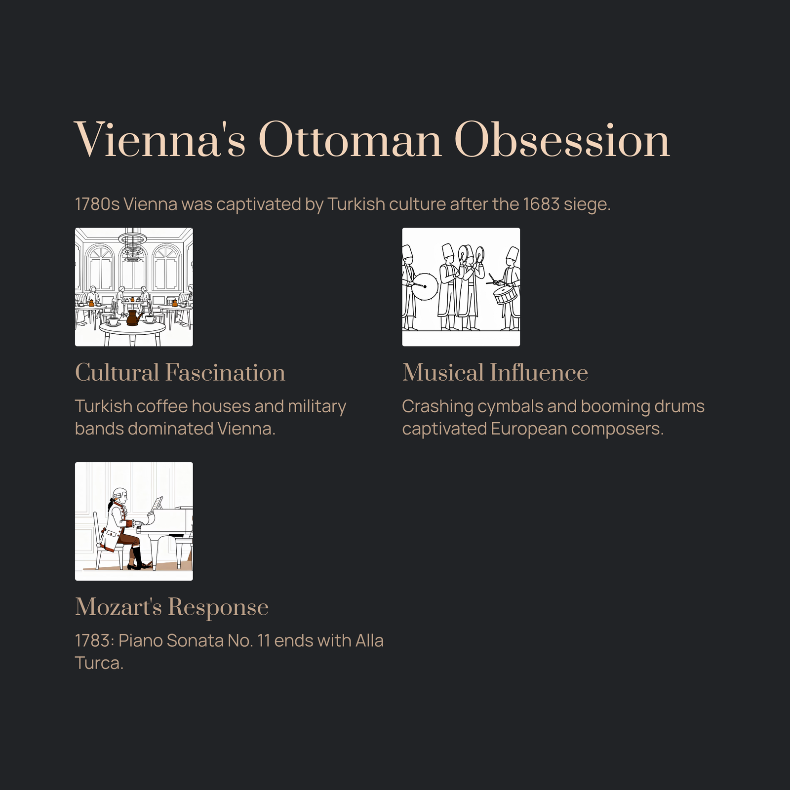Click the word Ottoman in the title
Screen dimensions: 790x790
[350, 140]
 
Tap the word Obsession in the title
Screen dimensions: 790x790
[562, 140]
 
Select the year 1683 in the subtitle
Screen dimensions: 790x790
[541, 204]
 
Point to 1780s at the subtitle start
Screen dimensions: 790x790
[97, 204]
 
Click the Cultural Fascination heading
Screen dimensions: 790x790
[180, 372]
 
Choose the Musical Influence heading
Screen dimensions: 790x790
[495, 372]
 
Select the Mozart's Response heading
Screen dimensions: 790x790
[172, 607]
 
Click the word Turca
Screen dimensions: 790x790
[99, 663]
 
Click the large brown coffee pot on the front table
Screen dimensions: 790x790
[133, 317]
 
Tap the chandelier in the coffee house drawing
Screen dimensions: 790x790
[132, 244]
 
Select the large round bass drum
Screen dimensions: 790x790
[425, 286]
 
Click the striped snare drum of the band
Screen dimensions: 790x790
[506, 294]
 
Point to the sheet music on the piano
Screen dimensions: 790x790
[158, 503]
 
